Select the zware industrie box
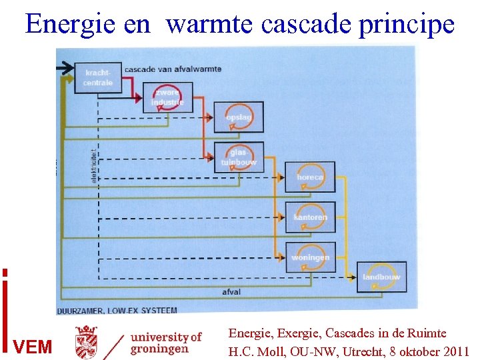(x=167, y=97)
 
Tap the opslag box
(x=238, y=117)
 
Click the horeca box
(x=309, y=177)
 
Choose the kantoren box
(x=309, y=217)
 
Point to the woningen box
(x=309, y=257)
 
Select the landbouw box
(x=381, y=277)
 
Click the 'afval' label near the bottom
(x=232, y=292)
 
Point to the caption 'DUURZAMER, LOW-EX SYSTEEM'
(x=117, y=310)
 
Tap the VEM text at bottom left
(x=32, y=347)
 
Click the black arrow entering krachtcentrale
(x=67, y=66)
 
